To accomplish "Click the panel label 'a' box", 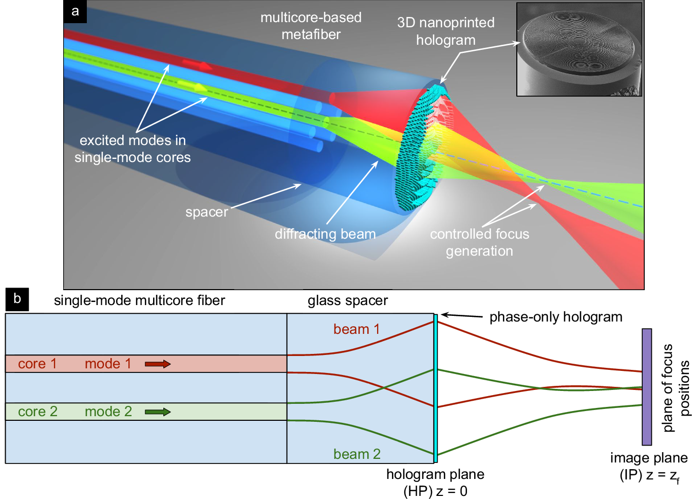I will click(75, 11).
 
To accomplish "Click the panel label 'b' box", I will click(17, 299).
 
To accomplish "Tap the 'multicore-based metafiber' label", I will click(311, 26).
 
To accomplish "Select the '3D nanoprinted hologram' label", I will click(445, 31).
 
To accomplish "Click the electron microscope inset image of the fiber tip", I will click(579, 49).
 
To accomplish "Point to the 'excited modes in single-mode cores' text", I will click(133, 149).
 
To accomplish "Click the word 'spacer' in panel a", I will click(207, 212).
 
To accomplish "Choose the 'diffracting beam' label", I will click(325, 234).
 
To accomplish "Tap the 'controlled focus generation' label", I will click(479, 242).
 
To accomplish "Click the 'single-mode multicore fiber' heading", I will click(139, 300).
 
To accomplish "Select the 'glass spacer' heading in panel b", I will click(348, 300).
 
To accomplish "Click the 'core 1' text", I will click(37, 364).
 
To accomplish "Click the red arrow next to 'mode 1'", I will click(157, 364).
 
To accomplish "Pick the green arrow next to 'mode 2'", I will click(157, 412).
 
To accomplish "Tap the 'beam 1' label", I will click(357, 329).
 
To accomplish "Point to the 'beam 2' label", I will click(357, 454).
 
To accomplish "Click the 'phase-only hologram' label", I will click(555, 317).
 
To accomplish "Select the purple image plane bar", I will click(647, 387).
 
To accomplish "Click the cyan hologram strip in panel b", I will click(436, 388).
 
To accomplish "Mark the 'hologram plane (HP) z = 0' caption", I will click(435, 483).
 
